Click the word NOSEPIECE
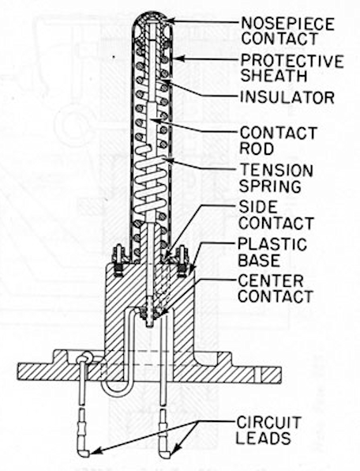pos(287,24)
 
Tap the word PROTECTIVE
pos(292,61)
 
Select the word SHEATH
pos(274,75)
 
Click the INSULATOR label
pos(287,98)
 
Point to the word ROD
pos(257,148)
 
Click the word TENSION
pos(276,171)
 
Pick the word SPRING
pos(270,186)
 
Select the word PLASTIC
pos(272,244)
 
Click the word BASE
pos(259,260)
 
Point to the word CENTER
pos(271,281)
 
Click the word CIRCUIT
pos(268,423)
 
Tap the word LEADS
pos(264,439)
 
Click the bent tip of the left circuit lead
pos(85,453)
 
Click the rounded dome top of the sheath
pos(152,13)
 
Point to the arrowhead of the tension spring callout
pos(166,160)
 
